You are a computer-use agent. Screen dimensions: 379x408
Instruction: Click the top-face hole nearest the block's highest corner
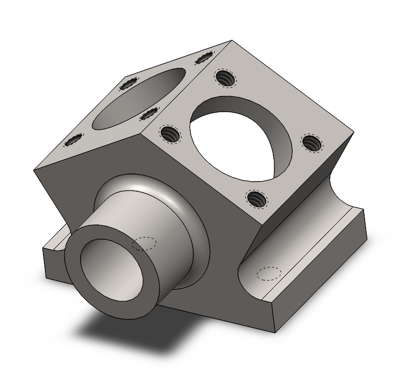[x=203, y=58]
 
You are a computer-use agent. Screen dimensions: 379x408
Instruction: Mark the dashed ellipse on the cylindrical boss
[x=144, y=243]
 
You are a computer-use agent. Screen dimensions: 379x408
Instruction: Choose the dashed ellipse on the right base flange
[x=269, y=273]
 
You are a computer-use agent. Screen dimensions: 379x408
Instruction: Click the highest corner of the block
[x=232, y=41]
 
